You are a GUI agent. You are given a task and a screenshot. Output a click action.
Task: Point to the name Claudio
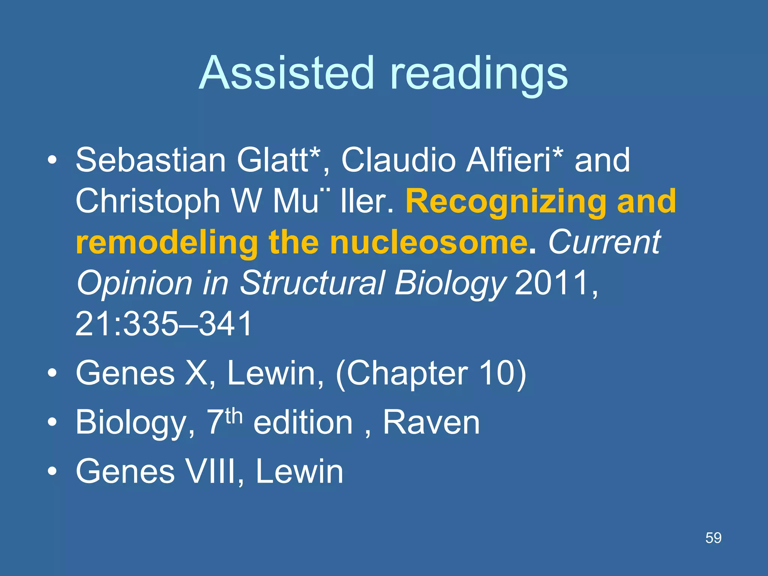pos(397,160)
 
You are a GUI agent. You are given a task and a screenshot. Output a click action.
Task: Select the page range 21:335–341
pos(164,324)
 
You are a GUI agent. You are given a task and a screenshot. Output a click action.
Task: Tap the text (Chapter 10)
pos(431,373)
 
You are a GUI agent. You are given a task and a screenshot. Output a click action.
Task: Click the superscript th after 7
pos(234,416)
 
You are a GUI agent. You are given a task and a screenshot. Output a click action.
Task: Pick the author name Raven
pos(431,423)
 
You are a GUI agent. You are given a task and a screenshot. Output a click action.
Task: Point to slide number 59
pos(713,538)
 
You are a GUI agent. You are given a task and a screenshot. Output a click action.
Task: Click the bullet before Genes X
pos(52,373)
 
